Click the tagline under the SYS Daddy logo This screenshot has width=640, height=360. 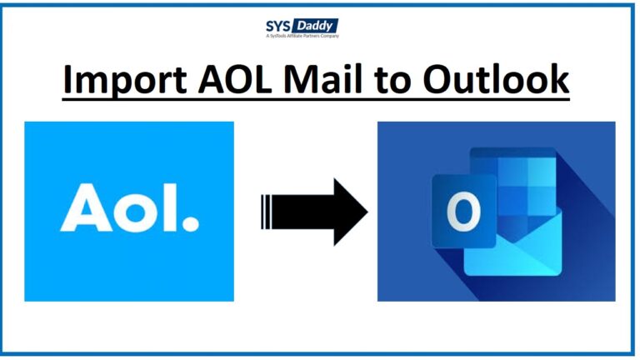(x=302, y=37)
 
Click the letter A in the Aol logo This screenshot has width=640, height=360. (x=83, y=210)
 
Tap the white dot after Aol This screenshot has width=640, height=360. (x=191, y=224)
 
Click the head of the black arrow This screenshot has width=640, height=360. (x=350, y=211)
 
